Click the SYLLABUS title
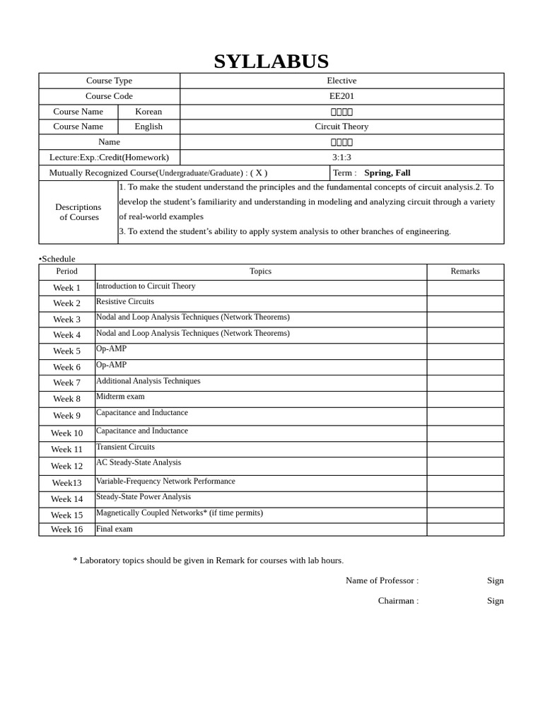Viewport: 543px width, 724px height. point(271,62)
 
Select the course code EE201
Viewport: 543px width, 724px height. point(341,96)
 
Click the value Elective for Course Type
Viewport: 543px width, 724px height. point(341,81)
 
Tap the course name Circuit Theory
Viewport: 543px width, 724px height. point(341,127)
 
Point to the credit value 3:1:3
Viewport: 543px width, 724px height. point(341,158)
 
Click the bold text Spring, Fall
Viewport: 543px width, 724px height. point(387,173)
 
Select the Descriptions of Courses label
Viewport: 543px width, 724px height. point(78,212)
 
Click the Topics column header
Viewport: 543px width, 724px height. point(260,271)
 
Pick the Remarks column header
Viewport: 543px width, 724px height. point(465,271)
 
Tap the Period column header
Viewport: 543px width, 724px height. point(66,271)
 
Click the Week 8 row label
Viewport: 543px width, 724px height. point(66,399)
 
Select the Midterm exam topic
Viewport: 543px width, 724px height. point(120,397)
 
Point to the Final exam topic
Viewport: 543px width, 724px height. point(114,529)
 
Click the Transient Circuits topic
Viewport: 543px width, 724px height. point(125,447)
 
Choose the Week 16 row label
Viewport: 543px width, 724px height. point(66,530)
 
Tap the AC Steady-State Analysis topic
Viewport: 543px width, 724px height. point(139,462)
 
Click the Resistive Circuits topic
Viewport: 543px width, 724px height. point(124,301)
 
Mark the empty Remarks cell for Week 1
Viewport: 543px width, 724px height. point(465,288)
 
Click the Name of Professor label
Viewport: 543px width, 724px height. point(381,580)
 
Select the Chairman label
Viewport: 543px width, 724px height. point(397,601)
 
